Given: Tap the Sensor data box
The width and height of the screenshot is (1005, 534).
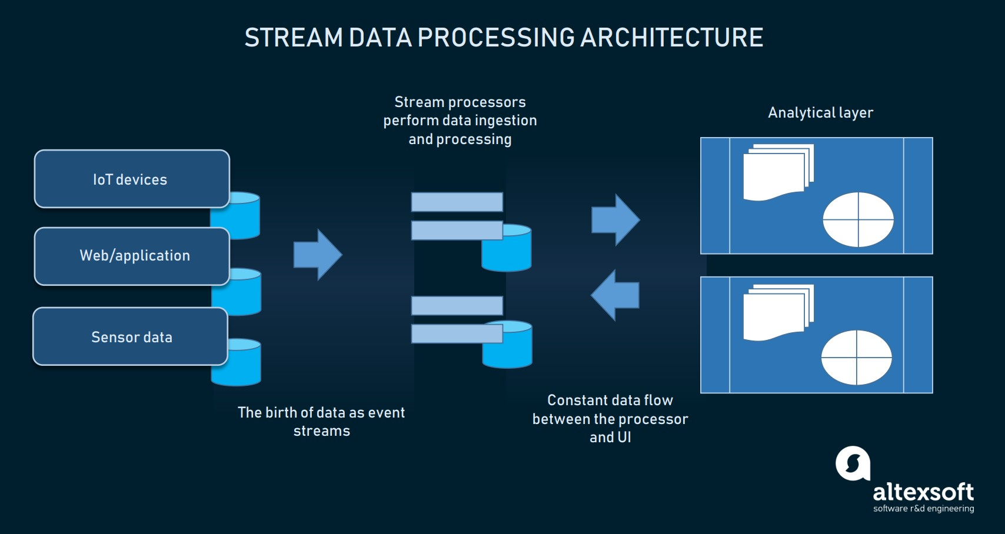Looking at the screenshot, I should tap(130, 336).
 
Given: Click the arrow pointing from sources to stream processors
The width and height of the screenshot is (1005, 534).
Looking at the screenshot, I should tap(318, 255).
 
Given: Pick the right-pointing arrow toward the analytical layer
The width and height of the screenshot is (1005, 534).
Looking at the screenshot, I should tap(615, 219).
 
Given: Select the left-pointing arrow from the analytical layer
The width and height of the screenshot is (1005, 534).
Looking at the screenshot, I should tap(615, 295).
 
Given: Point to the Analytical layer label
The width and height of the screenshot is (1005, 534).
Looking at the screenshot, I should tap(820, 112).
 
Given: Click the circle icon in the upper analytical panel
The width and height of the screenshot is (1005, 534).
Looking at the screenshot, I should tap(858, 219).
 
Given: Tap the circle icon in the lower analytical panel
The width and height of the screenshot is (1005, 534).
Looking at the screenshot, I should tap(856, 358).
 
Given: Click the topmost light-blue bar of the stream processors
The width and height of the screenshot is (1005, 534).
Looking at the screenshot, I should tap(457, 202).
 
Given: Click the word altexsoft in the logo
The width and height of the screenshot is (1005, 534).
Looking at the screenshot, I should tap(923, 492).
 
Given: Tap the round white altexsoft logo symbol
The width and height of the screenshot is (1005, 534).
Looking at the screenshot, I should tap(853, 463).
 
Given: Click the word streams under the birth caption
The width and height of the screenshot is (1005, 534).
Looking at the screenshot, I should tap(321, 431).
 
